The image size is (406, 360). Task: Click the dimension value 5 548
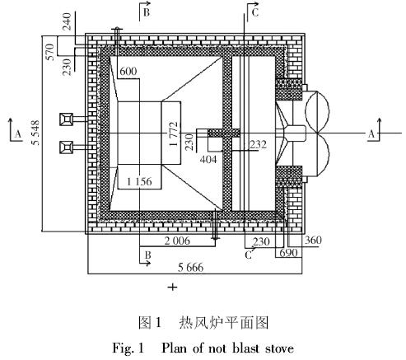[x=36, y=133]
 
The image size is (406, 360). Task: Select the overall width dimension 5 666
[x=191, y=267]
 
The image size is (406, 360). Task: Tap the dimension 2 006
[x=177, y=241]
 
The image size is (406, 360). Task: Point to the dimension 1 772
[x=174, y=133]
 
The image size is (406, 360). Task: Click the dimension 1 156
[x=139, y=181]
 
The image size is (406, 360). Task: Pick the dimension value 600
[x=128, y=72]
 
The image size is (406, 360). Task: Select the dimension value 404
[x=208, y=159]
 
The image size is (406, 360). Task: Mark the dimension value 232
[x=258, y=144]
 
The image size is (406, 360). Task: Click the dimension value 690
[x=288, y=253]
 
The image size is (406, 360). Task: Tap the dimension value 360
[x=313, y=241]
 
